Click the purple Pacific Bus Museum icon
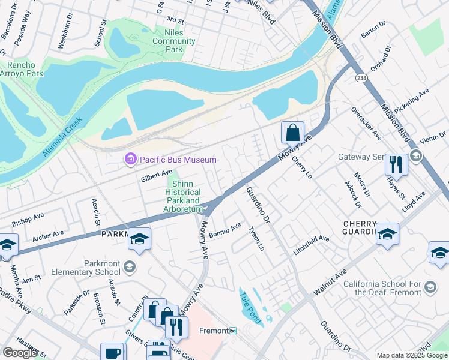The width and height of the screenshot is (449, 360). pyautogui.click(x=130, y=160)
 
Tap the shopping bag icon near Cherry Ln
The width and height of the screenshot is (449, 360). pyautogui.click(x=292, y=132)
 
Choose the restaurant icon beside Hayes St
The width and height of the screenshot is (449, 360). pyautogui.click(x=396, y=164)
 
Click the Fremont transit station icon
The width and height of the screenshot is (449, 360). pyautogui.click(x=234, y=331)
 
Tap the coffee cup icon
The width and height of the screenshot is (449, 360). pyautogui.click(x=112, y=353)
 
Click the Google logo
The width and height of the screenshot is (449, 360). pyautogui.click(x=20, y=352)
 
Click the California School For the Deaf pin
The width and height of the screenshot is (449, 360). pyautogui.click(x=430, y=289)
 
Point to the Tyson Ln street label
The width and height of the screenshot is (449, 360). pyautogui.click(x=256, y=238)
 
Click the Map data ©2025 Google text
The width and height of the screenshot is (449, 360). pyautogui.click(x=412, y=355)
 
